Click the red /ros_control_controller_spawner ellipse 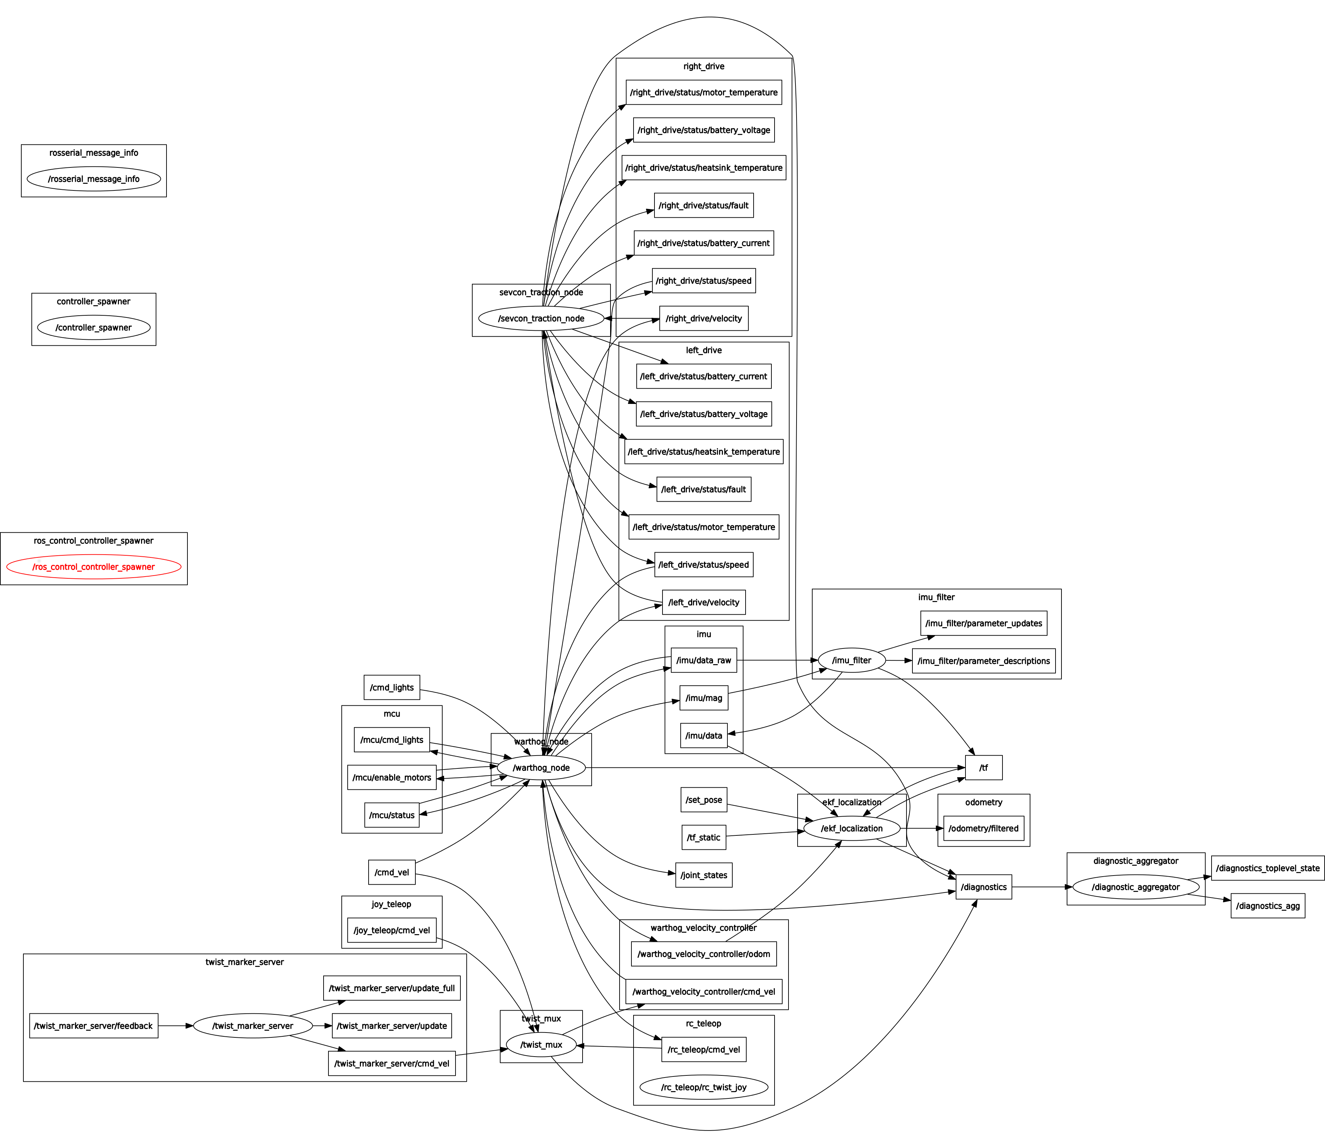point(94,566)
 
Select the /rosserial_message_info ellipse point(94,179)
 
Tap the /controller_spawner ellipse point(94,327)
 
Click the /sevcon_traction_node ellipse point(541,318)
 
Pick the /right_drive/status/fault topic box point(703,205)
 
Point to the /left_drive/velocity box point(703,602)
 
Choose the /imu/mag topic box point(703,698)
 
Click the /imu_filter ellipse point(852,660)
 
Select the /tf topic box point(984,768)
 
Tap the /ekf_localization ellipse point(852,828)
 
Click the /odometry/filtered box point(984,828)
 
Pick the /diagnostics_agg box point(1267,906)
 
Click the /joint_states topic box point(703,875)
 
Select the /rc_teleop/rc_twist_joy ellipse point(703,1087)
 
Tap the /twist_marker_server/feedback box point(93,1026)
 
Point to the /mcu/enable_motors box point(392,777)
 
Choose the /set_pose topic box point(703,800)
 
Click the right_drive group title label point(703,67)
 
